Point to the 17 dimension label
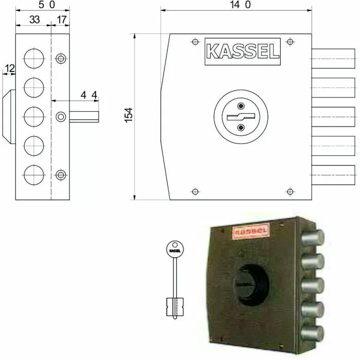click(x=61, y=21)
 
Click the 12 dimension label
click(x=9, y=68)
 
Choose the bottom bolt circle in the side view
click(x=34, y=174)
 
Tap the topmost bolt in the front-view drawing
click(x=333, y=56)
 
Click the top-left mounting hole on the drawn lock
click(x=194, y=42)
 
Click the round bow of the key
click(x=175, y=249)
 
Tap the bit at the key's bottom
click(x=174, y=307)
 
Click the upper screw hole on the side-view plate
click(x=61, y=58)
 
